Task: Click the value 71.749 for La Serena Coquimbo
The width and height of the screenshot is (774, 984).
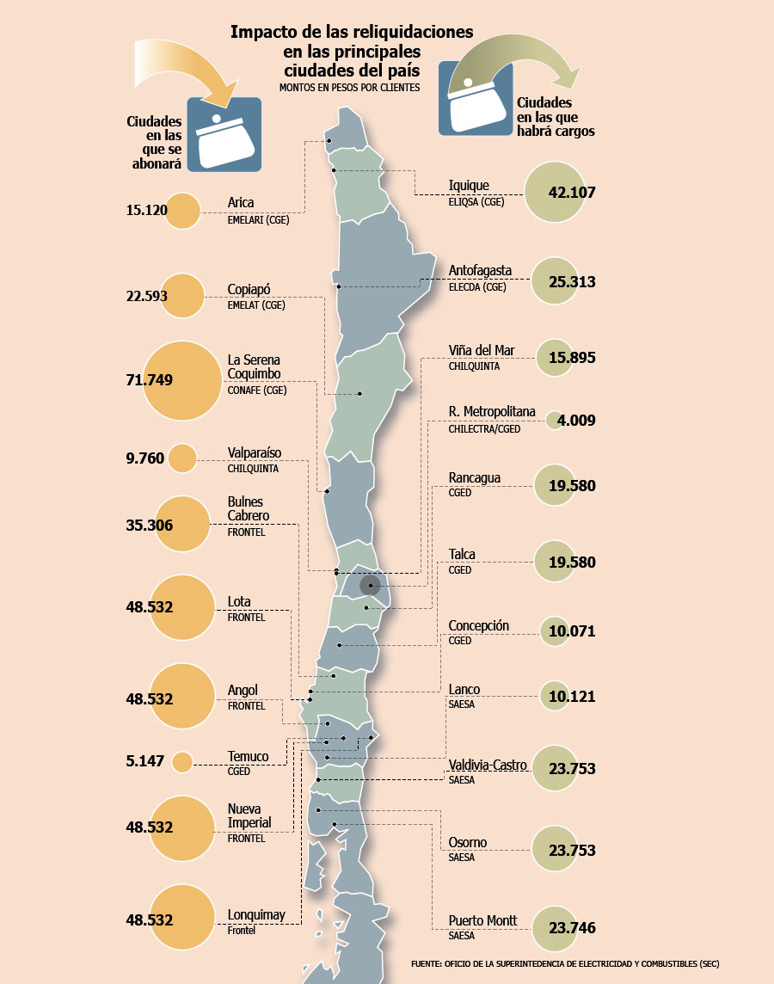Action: tap(150, 380)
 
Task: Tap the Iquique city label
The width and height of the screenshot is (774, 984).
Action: tap(469, 186)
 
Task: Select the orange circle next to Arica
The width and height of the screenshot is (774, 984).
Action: tap(182, 211)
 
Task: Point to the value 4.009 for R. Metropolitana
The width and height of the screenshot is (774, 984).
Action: tap(576, 421)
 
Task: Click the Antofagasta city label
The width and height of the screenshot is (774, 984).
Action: tap(480, 270)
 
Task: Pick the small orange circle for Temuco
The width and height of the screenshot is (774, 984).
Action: tap(182, 762)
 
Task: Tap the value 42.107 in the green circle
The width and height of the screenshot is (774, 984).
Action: tap(571, 193)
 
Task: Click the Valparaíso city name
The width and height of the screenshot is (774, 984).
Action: tap(254, 453)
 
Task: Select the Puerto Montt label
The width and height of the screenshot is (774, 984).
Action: tap(482, 920)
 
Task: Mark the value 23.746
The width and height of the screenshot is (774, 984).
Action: tap(572, 928)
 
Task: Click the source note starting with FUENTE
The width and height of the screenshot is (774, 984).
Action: tap(565, 963)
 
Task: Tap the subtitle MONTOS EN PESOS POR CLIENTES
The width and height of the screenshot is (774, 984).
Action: tap(349, 88)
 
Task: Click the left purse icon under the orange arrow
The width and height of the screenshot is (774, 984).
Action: tap(224, 134)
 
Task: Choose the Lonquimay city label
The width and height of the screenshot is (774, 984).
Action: tap(256, 915)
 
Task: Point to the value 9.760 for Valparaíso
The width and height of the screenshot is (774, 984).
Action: tap(144, 458)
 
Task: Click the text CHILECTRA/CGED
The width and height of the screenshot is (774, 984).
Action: tap(484, 429)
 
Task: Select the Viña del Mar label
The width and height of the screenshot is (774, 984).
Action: tap(481, 351)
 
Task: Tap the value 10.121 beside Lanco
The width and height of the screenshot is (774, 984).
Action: tap(572, 697)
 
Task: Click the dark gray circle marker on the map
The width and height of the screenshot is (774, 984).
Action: tap(370, 586)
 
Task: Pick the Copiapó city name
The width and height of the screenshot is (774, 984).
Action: tap(249, 290)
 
